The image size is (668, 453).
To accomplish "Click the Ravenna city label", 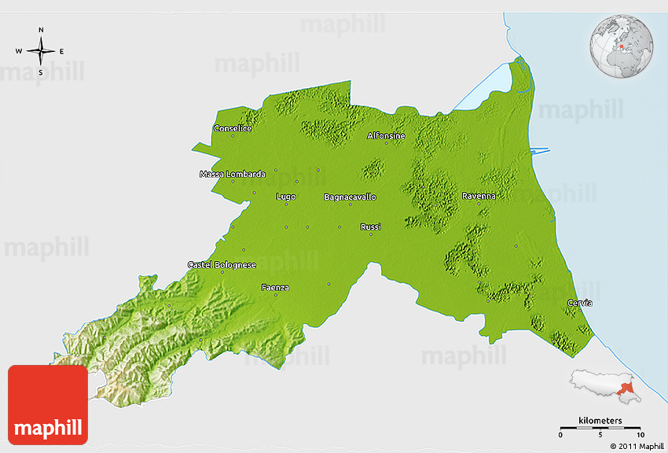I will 479,196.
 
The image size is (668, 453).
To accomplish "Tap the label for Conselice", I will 233,128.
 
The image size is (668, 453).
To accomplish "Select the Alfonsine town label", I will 386,136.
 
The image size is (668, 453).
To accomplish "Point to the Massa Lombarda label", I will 233,174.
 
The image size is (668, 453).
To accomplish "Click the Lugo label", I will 286,197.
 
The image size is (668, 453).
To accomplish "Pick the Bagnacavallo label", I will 350,197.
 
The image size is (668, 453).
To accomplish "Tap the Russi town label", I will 370,226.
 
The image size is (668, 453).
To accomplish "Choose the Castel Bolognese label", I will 222,265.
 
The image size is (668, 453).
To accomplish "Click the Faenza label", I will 274,287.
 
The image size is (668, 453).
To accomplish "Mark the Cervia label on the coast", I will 580,303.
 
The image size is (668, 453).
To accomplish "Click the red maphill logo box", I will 48,405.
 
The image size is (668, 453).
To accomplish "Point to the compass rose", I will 41,51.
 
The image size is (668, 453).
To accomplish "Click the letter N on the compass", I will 41,31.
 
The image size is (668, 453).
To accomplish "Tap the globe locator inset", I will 622,45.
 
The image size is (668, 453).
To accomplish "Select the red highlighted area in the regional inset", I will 626,387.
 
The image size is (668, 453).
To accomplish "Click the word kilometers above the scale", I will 600,421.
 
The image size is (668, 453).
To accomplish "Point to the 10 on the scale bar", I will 640,435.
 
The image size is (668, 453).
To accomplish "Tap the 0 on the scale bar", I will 560,435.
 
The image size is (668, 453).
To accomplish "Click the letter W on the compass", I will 19,51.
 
